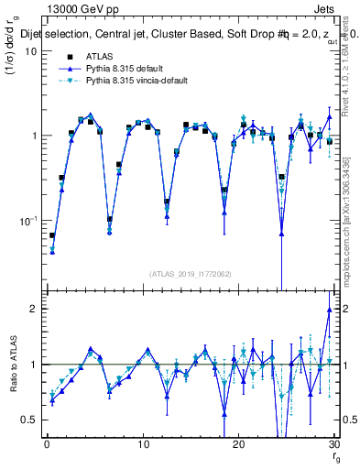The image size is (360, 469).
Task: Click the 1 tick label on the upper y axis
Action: [x=33, y=136]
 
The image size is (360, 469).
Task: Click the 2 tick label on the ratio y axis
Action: [x=33, y=309]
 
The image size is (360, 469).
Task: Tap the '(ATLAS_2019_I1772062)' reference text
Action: [x=191, y=274]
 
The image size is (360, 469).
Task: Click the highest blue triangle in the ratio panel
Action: [x=329, y=310]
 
